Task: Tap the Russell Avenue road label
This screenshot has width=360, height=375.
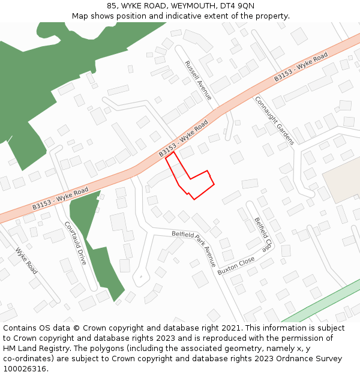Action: [x=198, y=80]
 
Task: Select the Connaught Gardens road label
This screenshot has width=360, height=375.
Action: [x=275, y=120]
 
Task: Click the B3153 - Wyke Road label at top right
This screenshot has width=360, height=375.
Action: [x=301, y=67]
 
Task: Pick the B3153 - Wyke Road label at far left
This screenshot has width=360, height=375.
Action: [x=60, y=199]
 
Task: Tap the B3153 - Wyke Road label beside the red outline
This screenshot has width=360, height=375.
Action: [x=183, y=139]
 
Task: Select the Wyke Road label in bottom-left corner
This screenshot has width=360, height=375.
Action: [x=26, y=261]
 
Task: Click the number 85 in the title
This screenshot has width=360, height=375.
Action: [x=112, y=6]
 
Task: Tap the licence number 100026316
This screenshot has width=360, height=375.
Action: [x=25, y=368]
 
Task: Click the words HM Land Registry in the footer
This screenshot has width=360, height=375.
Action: [x=33, y=348]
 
